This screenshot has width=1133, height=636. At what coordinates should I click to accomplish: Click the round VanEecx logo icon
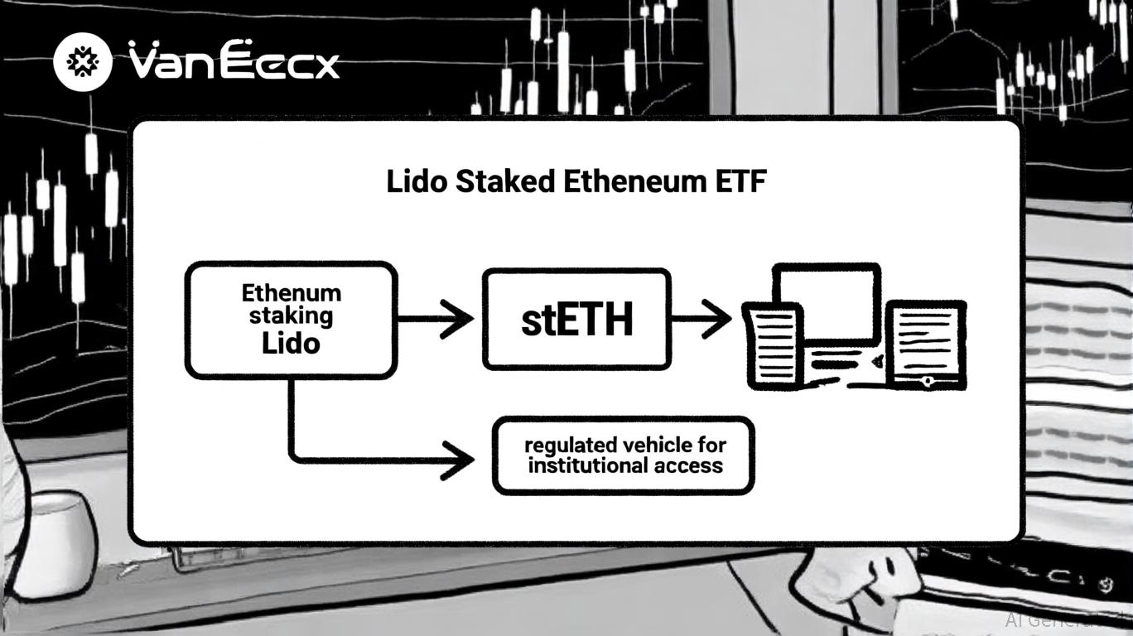tap(83, 61)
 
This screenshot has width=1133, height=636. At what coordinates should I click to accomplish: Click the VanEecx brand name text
tap(234, 62)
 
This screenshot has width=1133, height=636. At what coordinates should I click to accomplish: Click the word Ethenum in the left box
tap(291, 293)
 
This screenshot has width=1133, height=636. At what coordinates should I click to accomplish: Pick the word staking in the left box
tap(291, 316)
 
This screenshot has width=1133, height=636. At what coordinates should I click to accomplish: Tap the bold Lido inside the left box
tap(291, 342)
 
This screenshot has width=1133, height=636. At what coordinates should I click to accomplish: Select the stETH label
tap(576, 320)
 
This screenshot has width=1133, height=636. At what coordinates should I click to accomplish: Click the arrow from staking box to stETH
tap(436, 319)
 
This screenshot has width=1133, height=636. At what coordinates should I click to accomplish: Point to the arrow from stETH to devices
tap(701, 319)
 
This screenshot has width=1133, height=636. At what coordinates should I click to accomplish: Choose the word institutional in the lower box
tap(588, 465)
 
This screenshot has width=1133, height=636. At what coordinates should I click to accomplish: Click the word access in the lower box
tap(687, 465)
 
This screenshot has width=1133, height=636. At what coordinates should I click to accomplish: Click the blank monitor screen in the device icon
tap(826, 302)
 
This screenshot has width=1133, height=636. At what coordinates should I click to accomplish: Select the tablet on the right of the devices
tap(926, 343)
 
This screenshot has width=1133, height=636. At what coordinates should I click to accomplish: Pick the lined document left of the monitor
tap(773, 344)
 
